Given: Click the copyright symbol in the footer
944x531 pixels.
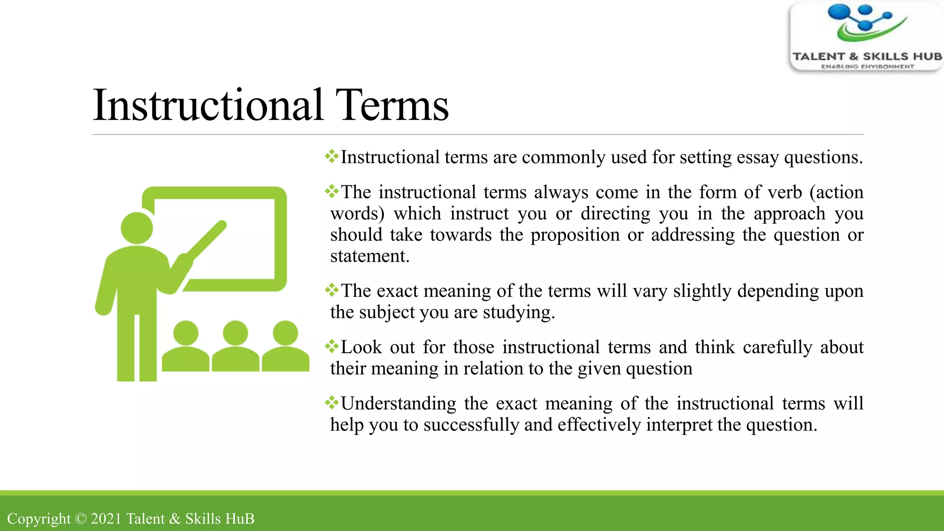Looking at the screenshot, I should pos(81,519).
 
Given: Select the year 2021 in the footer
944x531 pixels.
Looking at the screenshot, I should pos(106,519).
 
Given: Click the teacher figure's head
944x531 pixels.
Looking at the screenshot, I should pos(136,228).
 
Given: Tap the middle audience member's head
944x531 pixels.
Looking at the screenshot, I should pos(236,333).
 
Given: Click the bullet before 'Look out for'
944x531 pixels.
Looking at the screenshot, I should pos(331,346).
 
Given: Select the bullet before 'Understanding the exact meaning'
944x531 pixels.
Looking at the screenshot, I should pos(331,402).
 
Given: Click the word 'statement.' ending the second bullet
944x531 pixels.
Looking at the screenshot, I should pos(370,256).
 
